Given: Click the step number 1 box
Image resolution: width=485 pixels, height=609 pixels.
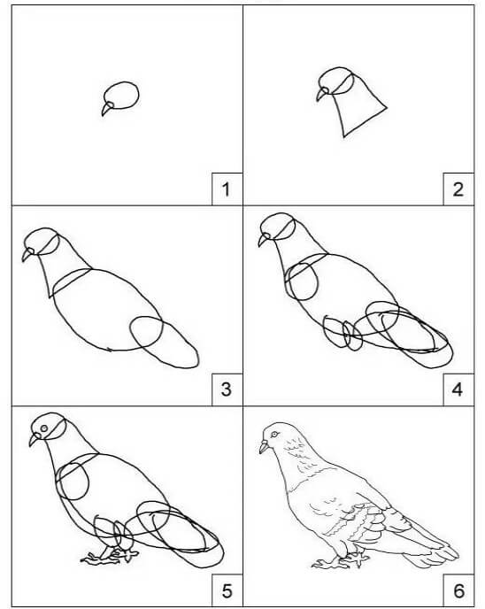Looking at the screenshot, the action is (227, 189).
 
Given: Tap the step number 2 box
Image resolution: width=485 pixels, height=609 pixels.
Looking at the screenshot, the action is (458, 189).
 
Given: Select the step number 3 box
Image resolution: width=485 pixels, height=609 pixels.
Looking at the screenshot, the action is (227, 389).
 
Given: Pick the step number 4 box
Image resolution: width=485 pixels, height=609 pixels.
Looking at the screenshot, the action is (458, 389).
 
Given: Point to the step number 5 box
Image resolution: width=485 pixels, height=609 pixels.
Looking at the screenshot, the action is (227, 590).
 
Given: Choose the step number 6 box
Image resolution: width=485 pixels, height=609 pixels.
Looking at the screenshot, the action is (458, 590).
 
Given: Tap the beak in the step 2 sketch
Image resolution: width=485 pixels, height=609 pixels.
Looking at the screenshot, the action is (322, 94).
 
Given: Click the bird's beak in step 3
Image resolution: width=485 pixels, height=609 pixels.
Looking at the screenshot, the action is (27, 254).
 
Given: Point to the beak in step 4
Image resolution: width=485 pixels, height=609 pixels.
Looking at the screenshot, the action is (263, 240).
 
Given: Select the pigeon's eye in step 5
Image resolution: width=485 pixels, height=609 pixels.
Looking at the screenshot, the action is (44, 428).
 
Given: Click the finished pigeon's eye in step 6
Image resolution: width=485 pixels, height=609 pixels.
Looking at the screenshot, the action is (275, 434).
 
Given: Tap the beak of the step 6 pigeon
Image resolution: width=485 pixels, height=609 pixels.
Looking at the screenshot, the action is (264, 447).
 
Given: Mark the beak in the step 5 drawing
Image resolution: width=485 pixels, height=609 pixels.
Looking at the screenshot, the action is (35, 440).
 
